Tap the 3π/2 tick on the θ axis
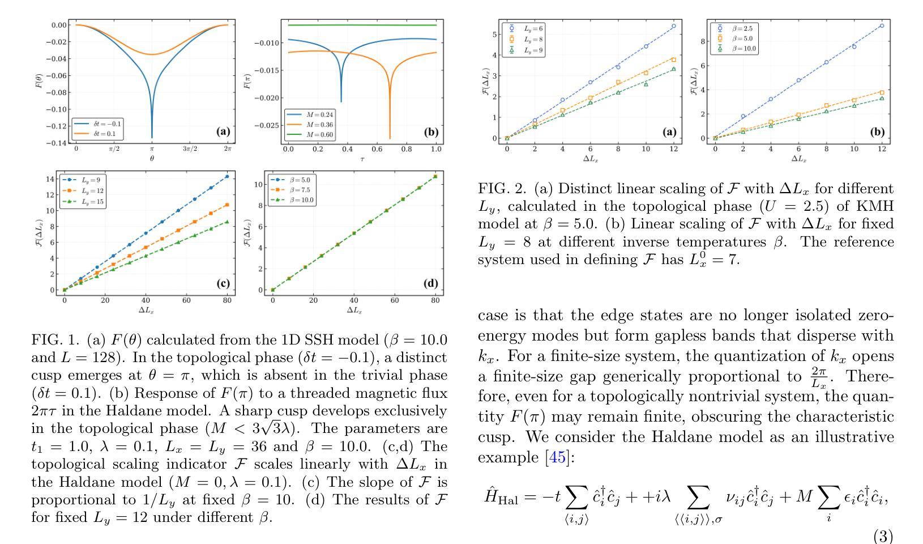pos(190,149)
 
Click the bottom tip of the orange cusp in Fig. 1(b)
pos(390,138)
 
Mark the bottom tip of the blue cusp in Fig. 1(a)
pos(152,137)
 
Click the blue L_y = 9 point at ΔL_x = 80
pos(227,177)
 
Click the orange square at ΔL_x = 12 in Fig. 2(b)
pos(882,92)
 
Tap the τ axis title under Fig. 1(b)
pos(362,159)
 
